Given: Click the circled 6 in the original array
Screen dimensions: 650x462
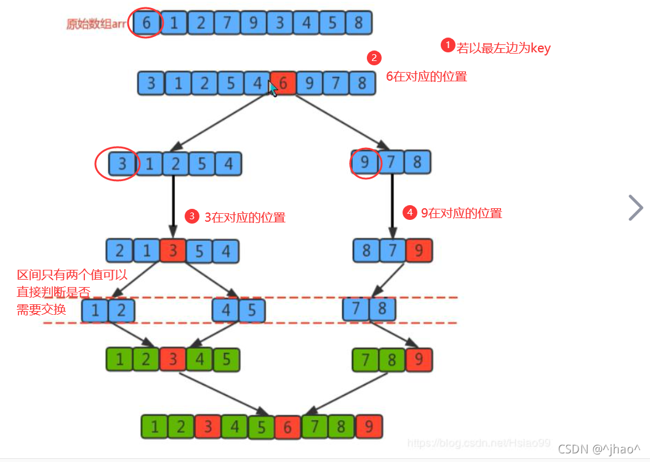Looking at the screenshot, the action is point(146,22).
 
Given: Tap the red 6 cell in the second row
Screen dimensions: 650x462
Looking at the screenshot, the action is point(283,83).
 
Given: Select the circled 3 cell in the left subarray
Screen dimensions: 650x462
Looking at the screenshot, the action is point(122,163).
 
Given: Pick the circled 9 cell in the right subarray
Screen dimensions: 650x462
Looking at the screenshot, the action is point(364,162).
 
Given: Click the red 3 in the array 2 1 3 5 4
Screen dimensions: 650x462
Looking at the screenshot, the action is point(173,251).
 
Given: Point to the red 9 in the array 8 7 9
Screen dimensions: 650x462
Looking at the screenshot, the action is point(419,250).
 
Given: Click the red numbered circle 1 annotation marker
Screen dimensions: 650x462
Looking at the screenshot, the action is point(447,45).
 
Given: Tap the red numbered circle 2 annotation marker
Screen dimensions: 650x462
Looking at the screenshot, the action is point(374,58).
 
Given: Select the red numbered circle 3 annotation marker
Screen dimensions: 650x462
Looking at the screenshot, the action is point(192,216).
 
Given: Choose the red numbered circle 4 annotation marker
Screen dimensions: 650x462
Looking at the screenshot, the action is point(409,213).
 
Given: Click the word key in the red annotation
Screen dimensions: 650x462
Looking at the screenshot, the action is point(540,49).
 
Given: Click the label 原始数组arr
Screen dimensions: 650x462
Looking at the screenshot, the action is point(96,23).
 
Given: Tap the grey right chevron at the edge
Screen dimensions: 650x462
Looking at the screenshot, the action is point(635,208).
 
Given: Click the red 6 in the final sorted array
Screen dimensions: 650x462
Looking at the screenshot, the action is point(287,426).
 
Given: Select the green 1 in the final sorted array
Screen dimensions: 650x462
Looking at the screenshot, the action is point(154,426).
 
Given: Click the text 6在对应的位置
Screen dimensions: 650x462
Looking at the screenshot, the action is point(427,76).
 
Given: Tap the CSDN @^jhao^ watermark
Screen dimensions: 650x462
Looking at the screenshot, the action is point(598,448).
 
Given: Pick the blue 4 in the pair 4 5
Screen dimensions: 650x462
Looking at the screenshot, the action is point(225,310).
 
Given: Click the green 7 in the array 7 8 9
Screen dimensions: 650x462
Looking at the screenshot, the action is point(365,359).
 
